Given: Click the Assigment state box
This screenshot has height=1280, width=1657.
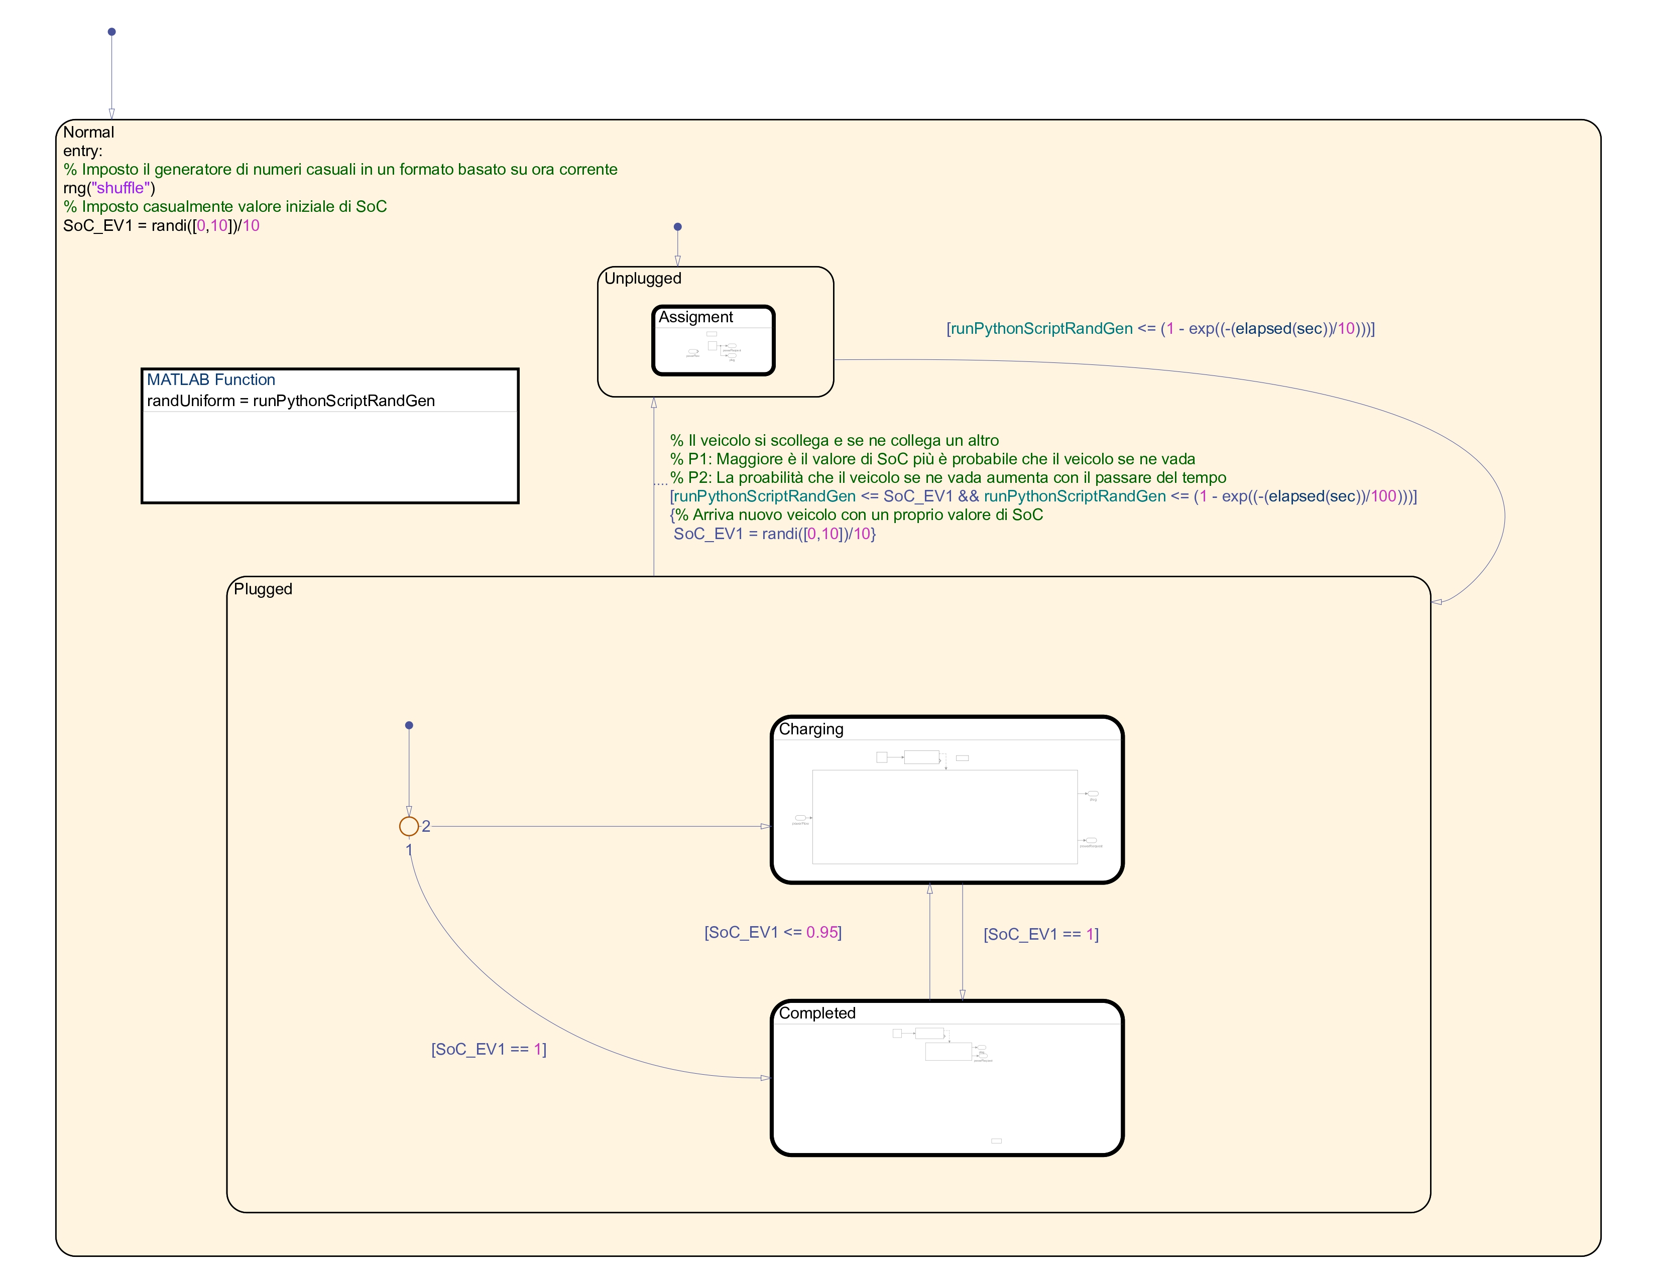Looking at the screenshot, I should pyautogui.click(x=713, y=340).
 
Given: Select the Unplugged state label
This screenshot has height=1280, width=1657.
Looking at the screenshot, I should pyautogui.click(x=643, y=278).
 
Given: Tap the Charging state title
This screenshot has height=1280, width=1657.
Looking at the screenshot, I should pyautogui.click(x=811, y=729).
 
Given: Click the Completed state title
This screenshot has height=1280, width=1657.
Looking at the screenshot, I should pyautogui.click(x=817, y=1013).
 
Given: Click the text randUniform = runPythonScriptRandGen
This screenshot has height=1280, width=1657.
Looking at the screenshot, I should pyautogui.click(x=291, y=401).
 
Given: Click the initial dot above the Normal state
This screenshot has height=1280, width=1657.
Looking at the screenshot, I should pyautogui.click(x=111, y=32).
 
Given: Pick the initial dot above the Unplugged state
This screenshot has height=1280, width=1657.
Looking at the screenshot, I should pyautogui.click(x=677, y=227).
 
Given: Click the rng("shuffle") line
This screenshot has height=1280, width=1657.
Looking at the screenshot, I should pyautogui.click(x=109, y=188).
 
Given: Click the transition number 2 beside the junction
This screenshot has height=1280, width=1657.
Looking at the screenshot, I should pyautogui.click(x=426, y=827).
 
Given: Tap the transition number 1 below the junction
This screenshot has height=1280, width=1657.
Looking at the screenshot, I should pyautogui.click(x=409, y=850).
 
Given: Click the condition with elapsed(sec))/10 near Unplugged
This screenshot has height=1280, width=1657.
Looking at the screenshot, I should pyautogui.click(x=1160, y=328).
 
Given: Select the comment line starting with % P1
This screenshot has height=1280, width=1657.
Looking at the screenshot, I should pyautogui.click(x=932, y=459).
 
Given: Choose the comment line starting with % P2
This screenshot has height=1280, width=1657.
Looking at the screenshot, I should pyautogui.click(x=948, y=478).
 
